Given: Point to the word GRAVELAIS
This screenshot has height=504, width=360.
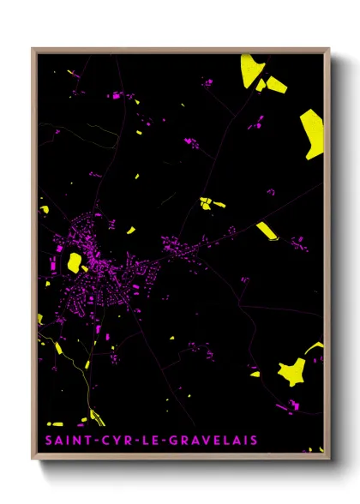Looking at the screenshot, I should coord(214,441).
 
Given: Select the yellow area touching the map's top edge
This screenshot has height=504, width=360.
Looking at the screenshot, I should coord(251,69).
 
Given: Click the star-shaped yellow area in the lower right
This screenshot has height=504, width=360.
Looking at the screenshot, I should coord(292,370).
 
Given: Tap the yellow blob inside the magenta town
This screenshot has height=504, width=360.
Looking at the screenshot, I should coord(75,261).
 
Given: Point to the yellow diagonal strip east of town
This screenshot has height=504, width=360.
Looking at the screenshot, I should coord(266,230).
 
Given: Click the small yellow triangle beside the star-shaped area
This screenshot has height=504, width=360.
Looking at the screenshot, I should coord(255,374).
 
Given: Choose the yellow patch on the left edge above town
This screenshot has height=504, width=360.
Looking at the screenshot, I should coord(44,208).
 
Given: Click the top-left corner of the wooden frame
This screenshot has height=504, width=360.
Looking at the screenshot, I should coord(33,49).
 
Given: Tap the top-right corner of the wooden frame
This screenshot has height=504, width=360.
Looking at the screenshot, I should coord(329,49).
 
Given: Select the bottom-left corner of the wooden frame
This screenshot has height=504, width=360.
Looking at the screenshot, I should coord(33,456).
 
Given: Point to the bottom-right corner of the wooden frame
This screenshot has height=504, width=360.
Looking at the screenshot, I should coord(329,456).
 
